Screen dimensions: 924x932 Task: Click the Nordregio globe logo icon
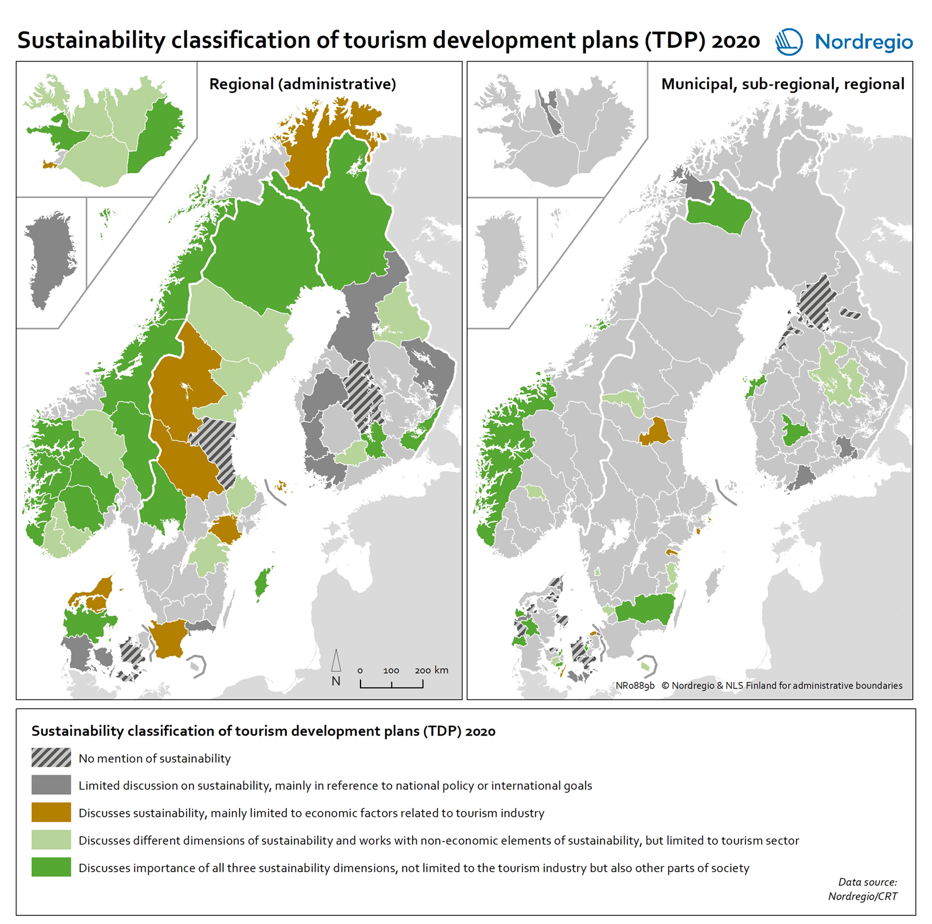pyautogui.click(x=788, y=42)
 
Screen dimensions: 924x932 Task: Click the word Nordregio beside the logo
pyautogui.click(x=863, y=42)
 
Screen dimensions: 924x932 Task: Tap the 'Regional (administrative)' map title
pyautogui.click(x=302, y=84)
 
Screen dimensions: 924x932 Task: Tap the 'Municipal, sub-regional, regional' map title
pyautogui.click(x=782, y=84)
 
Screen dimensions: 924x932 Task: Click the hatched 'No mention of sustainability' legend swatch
pyautogui.click(x=51, y=757)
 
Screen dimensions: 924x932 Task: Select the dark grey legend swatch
pyautogui.click(x=51, y=785)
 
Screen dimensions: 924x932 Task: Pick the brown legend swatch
pyautogui.click(x=51, y=812)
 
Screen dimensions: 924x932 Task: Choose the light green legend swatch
pyautogui.click(x=51, y=839)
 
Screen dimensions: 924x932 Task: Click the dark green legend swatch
pyautogui.click(x=51, y=867)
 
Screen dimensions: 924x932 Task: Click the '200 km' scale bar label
pyautogui.click(x=432, y=670)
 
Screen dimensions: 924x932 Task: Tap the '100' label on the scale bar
pyautogui.click(x=391, y=671)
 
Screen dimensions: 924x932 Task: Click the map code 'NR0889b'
pyautogui.click(x=635, y=685)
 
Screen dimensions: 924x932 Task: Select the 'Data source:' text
pyautogui.click(x=867, y=882)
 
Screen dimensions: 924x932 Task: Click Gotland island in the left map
pyautogui.click(x=261, y=583)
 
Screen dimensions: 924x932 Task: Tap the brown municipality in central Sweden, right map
pyautogui.click(x=655, y=432)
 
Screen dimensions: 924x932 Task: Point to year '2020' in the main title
pyautogui.click(x=736, y=41)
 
